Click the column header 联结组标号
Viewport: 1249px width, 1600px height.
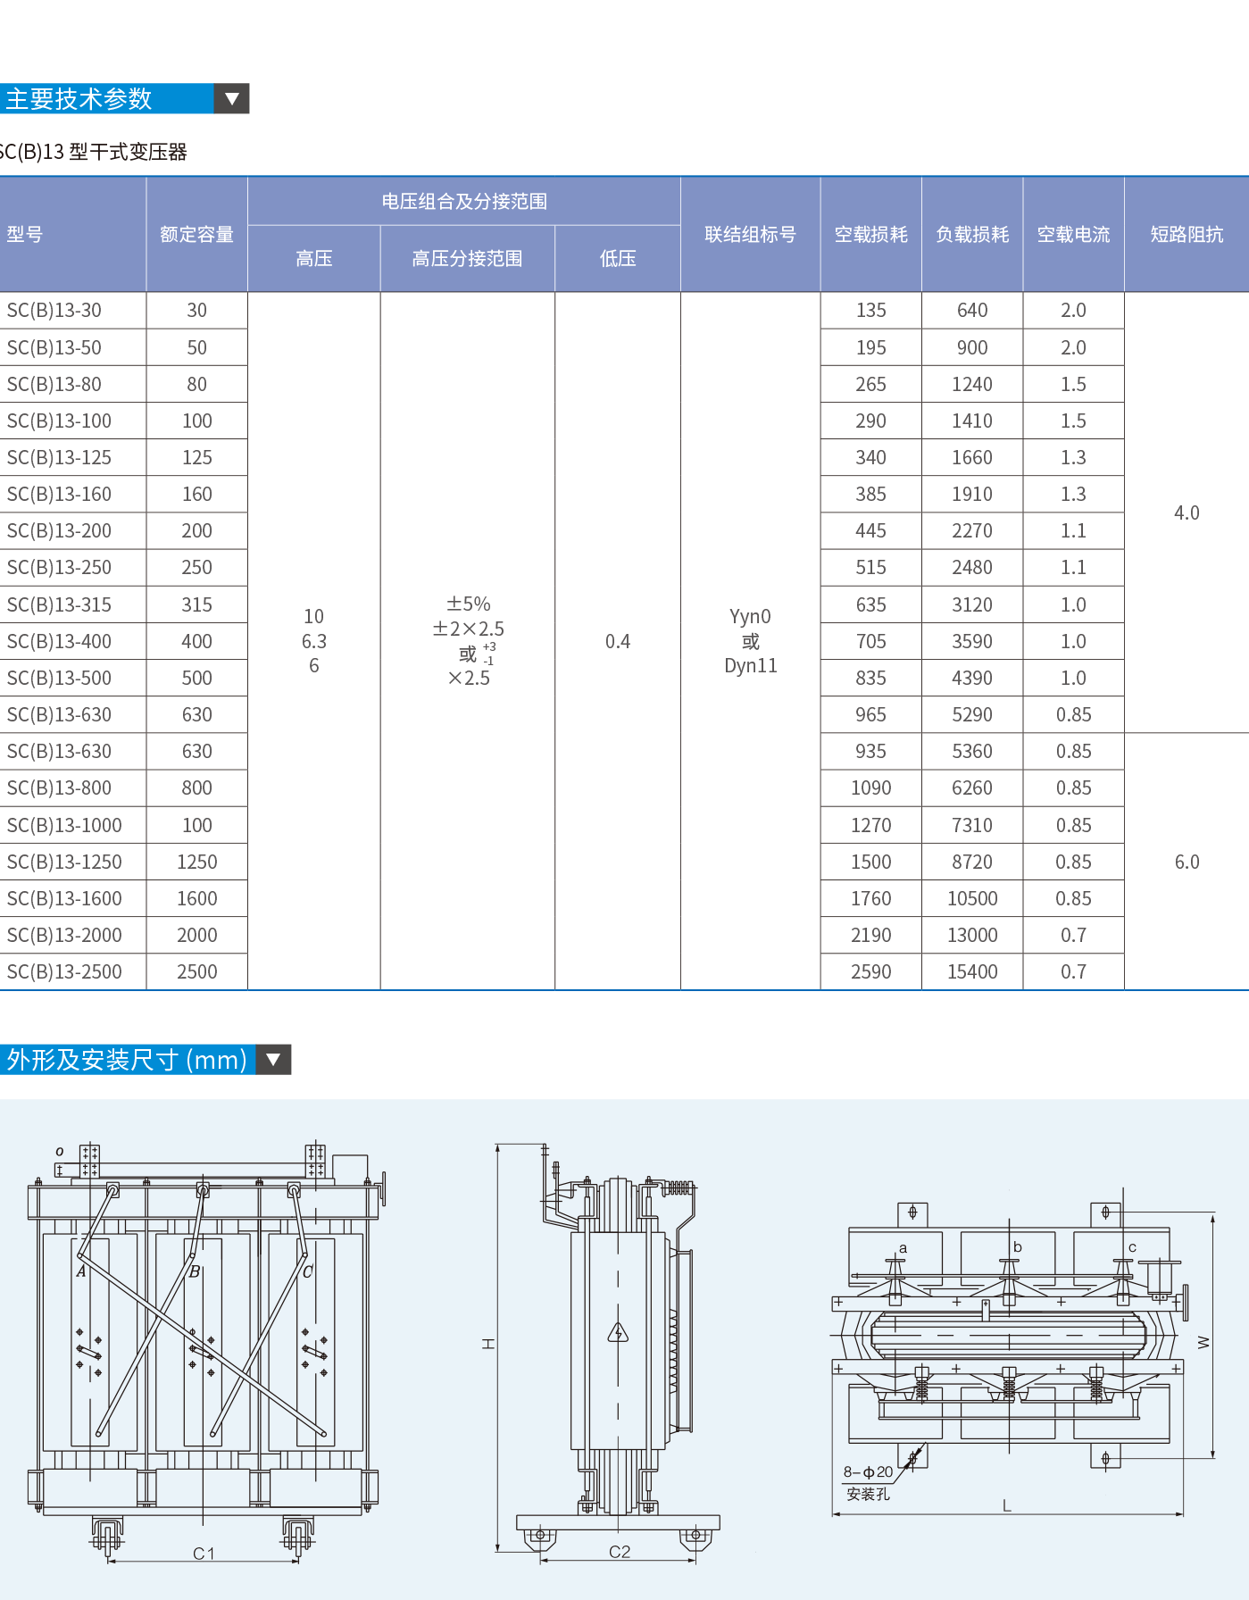(750, 235)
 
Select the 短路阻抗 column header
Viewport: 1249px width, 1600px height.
(1187, 235)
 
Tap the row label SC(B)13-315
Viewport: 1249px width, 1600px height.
(59, 605)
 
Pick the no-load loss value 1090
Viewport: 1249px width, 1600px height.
(870, 788)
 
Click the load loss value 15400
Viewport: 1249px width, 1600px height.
(972, 972)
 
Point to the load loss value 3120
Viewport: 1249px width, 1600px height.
(972, 605)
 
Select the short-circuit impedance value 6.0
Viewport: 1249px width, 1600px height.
(1187, 862)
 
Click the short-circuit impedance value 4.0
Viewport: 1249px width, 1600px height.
(1187, 513)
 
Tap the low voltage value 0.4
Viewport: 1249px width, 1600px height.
(618, 642)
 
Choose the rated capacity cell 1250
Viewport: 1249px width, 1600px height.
(196, 862)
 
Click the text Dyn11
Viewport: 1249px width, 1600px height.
(751, 666)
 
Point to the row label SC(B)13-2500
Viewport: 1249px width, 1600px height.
(64, 972)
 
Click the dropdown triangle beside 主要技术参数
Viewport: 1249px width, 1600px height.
(232, 99)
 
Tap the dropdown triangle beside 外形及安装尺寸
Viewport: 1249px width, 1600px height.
(274, 1060)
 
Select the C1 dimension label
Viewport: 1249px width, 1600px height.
(204, 1554)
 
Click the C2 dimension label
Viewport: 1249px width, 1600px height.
(620, 1552)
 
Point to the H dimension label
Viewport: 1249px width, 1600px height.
(488, 1344)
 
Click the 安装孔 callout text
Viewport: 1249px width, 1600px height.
(868, 1494)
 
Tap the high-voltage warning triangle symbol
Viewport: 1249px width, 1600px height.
(618, 1334)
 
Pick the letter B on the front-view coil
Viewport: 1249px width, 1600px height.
(195, 1271)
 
